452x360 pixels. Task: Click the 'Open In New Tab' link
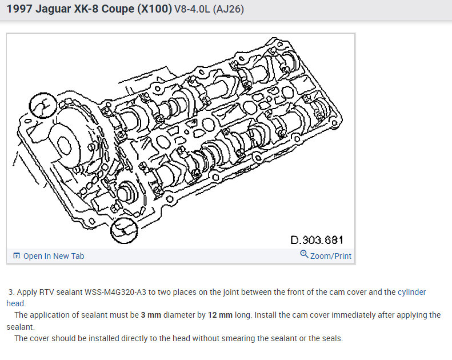(54, 256)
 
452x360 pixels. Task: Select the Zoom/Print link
(331, 256)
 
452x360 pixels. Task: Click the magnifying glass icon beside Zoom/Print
(304, 254)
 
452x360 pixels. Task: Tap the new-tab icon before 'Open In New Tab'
(17, 255)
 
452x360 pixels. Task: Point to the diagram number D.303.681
(317, 240)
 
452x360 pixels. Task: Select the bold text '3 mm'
(151, 315)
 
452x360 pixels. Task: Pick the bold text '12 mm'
(220, 315)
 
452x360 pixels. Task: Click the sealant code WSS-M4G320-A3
(115, 292)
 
